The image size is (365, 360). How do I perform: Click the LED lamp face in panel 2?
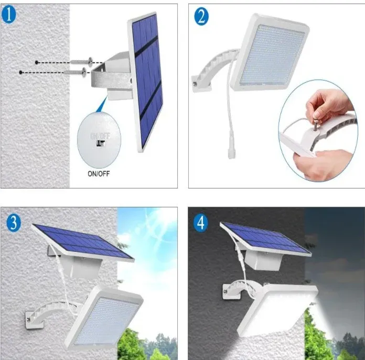point(272,57)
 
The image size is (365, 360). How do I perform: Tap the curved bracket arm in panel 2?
point(213,71)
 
